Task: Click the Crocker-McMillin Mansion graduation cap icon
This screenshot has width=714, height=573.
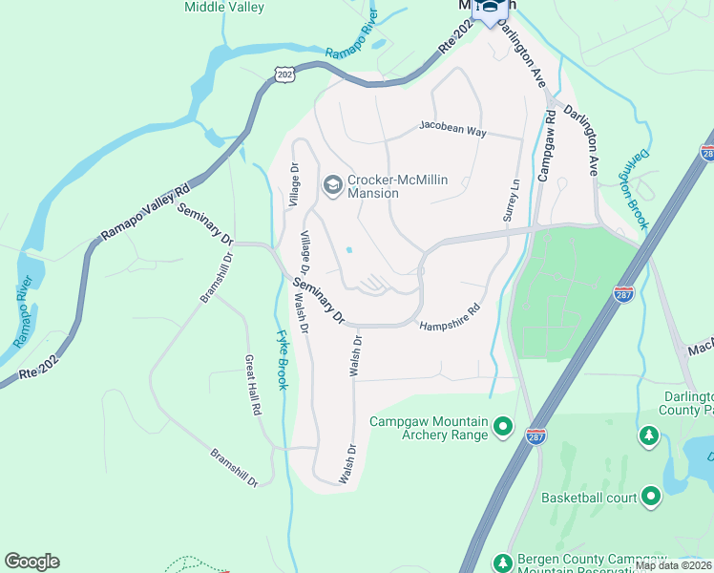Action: pyautogui.click(x=333, y=184)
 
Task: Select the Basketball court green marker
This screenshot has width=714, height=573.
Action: pyautogui.click(x=651, y=497)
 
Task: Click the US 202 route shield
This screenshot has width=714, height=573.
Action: pyautogui.click(x=283, y=74)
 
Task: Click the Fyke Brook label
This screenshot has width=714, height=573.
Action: pyautogui.click(x=283, y=360)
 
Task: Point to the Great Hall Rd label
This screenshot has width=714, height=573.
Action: pyautogui.click(x=253, y=384)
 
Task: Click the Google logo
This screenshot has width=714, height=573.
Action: pyautogui.click(x=31, y=562)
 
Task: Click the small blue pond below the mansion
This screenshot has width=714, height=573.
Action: pyautogui.click(x=348, y=251)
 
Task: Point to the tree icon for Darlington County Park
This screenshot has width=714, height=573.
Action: pyautogui.click(x=650, y=436)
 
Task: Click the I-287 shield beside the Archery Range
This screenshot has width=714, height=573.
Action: pyautogui.click(x=536, y=435)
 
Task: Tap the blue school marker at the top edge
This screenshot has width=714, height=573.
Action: pyautogui.click(x=491, y=10)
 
